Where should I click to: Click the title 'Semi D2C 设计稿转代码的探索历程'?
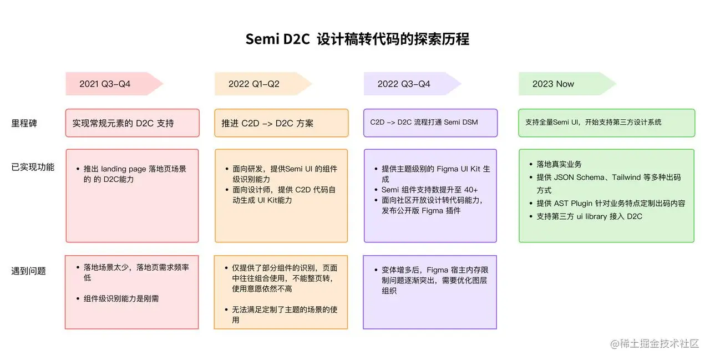tap(357, 39)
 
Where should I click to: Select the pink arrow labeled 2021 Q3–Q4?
tap(114, 84)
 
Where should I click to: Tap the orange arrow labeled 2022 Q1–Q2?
tap(263, 84)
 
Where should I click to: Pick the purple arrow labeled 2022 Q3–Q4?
tap(412, 84)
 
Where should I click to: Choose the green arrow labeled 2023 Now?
tap(567, 84)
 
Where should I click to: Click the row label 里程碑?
tap(24, 123)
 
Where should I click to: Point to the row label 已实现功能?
tap(33, 167)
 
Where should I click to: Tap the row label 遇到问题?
tap(28, 271)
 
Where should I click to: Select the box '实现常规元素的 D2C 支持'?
tap(133, 123)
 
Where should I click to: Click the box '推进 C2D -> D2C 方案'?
tap(281, 123)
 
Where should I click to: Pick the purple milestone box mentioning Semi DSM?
tap(430, 123)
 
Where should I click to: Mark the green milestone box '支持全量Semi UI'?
tap(607, 123)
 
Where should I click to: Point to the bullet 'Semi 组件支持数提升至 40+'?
tap(429, 190)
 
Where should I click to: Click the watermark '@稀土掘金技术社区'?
tap(655, 343)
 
